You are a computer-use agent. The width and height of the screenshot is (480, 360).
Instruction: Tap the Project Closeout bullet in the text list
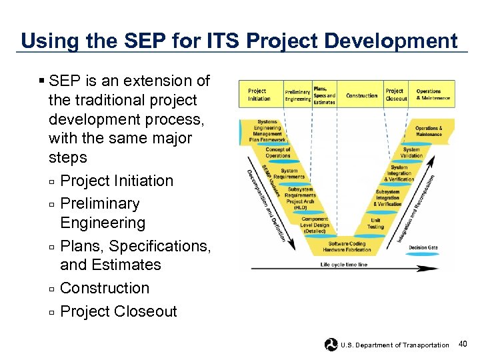click(118, 311)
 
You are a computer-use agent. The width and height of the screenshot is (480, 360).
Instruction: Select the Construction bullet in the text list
click(105, 288)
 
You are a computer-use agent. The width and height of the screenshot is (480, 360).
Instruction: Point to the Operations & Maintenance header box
click(433, 95)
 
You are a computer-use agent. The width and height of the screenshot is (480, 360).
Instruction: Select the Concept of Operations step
click(278, 153)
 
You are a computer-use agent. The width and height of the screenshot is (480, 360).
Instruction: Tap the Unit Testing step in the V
click(375, 223)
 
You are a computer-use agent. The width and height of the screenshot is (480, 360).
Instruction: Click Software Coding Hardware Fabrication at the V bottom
click(347, 247)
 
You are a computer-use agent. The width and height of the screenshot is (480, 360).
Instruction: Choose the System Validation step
click(411, 153)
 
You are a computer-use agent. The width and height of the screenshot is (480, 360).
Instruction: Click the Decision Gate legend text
click(423, 247)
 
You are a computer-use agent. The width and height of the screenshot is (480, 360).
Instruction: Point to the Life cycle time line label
click(343, 265)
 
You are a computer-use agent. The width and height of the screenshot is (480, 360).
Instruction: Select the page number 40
click(463, 344)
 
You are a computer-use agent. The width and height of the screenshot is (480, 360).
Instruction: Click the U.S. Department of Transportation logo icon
click(331, 344)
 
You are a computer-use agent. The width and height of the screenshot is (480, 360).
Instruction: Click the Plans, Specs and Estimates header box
click(324, 95)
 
